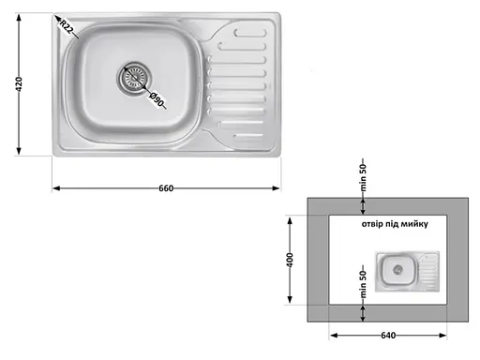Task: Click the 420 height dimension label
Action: coord(19,84)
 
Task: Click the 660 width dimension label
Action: coord(166,188)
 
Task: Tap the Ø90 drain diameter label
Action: coord(156,97)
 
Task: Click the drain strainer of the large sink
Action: coord(133,78)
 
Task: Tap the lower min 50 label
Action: coord(364,280)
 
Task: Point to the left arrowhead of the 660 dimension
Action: coord(54,188)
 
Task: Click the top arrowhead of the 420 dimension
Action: coord(19,17)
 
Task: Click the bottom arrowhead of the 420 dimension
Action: coord(19,153)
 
